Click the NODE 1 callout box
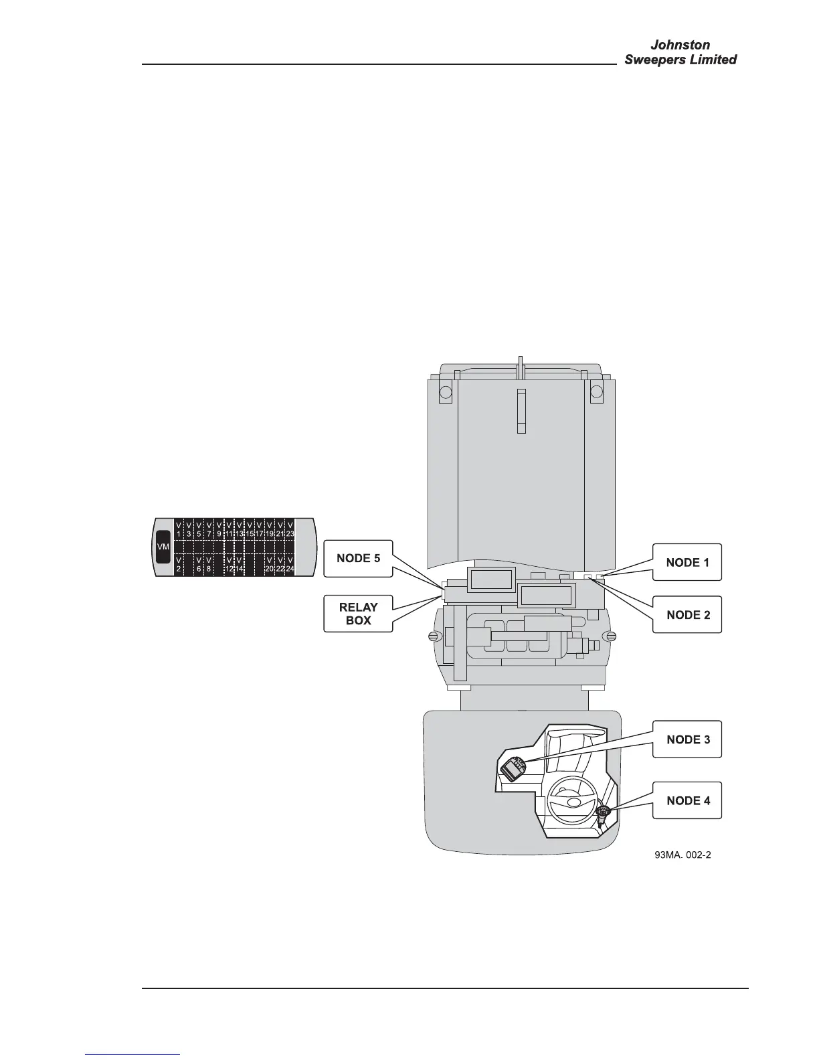tap(687, 562)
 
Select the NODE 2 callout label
tap(687, 614)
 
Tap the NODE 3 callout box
tap(687, 739)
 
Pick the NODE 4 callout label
tap(687, 800)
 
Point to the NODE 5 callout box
tap(357, 558)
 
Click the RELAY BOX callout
tap(357, 613)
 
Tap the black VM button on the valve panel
tap(163, 547)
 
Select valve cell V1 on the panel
tap(179, 529)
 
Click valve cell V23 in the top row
tap(290, 529)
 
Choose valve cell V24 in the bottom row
tap(290, 564)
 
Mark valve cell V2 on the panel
tap(179, 564)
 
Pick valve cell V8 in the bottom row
tap(209, 564)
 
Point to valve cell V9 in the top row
tap(219, 529)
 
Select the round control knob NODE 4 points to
tap(603, 812)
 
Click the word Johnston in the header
tap(680, 45)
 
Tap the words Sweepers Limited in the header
tap(680, 60)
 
